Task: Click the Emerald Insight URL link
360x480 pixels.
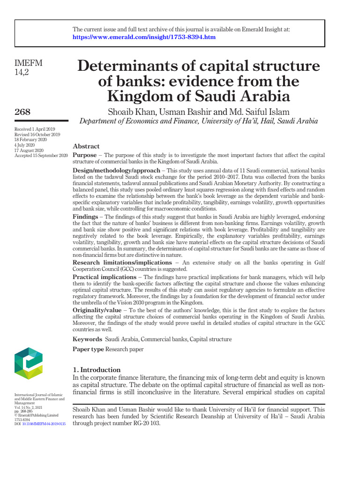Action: tap(144, 37)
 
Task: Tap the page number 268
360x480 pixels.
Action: tap(22, 112)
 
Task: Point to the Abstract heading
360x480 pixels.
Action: tap(86, 146)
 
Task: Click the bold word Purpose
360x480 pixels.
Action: tap(84, 155)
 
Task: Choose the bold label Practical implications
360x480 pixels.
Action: tap(105, 277)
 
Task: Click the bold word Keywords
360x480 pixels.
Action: tap(87, 339)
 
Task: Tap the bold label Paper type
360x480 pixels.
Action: tap(88, 349)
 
